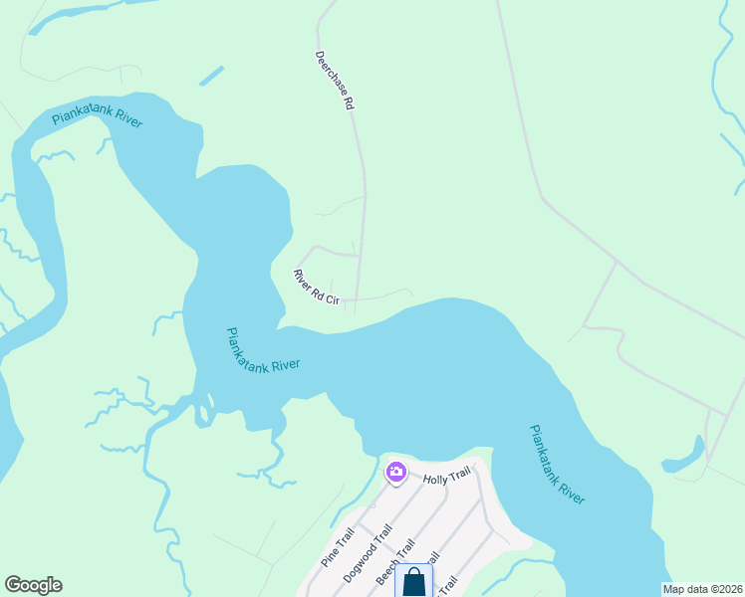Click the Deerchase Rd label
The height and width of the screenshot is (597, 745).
335,80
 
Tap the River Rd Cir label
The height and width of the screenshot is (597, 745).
318,285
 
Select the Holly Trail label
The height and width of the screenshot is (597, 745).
445,479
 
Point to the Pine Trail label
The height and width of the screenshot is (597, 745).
338,548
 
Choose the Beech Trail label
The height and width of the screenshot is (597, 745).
393,563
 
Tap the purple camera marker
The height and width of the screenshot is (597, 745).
396,472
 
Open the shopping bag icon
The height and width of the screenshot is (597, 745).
414,582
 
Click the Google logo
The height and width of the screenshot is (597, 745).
33,585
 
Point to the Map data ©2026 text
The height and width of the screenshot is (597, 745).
703,589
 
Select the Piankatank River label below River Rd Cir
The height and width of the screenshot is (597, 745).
263,351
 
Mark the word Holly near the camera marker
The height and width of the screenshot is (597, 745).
434,479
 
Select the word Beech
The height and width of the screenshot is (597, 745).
387,571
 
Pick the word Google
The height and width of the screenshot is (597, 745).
33,585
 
